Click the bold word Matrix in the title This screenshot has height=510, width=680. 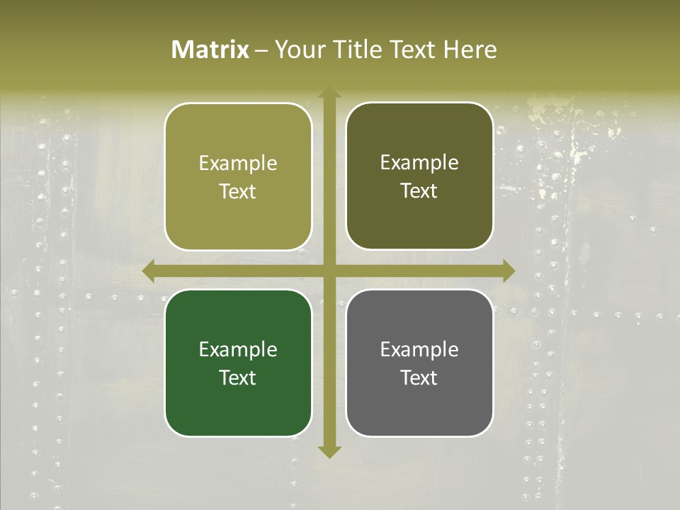point(210,50)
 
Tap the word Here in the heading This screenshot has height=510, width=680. point(470,50)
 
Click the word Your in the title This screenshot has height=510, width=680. point(298,50)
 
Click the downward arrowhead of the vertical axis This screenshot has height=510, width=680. point(329,451)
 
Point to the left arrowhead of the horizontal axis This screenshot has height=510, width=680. point(149,271)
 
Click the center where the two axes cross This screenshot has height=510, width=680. point(329,271)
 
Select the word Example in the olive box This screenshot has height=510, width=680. point(238,164)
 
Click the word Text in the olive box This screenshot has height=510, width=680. point(238,192)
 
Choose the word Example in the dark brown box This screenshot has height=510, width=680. point(419,163)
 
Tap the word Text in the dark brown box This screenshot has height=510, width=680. point(419,191)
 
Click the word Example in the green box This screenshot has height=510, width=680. point(238,350)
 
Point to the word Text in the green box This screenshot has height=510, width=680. point(238,378)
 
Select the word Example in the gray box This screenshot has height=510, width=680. point(419,350)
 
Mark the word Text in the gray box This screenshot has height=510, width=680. point(419,378)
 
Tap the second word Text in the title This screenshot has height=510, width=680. point(413,50)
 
